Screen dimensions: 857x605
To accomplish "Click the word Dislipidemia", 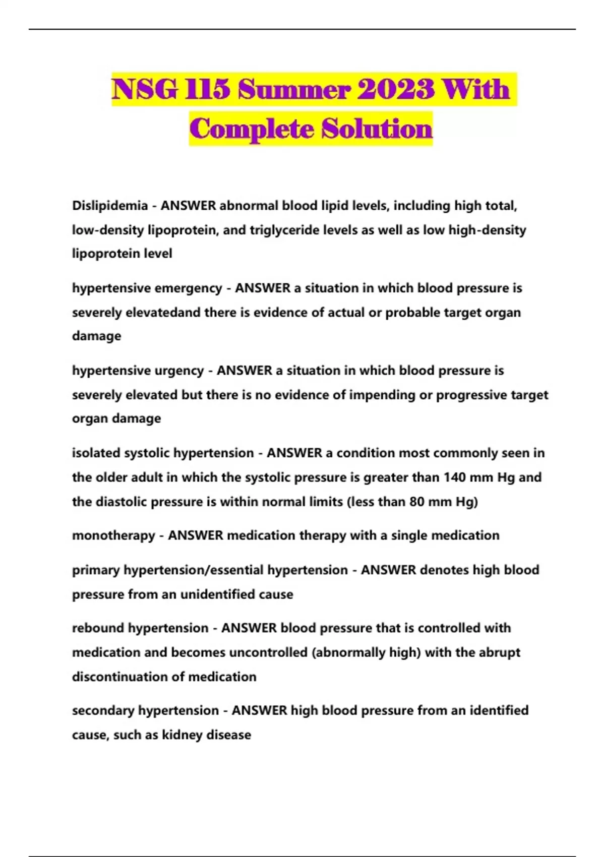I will [x=109, y=206].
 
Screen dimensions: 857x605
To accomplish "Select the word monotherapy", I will [x=113, y=535].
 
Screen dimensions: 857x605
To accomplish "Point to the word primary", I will [x=96, y=570].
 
